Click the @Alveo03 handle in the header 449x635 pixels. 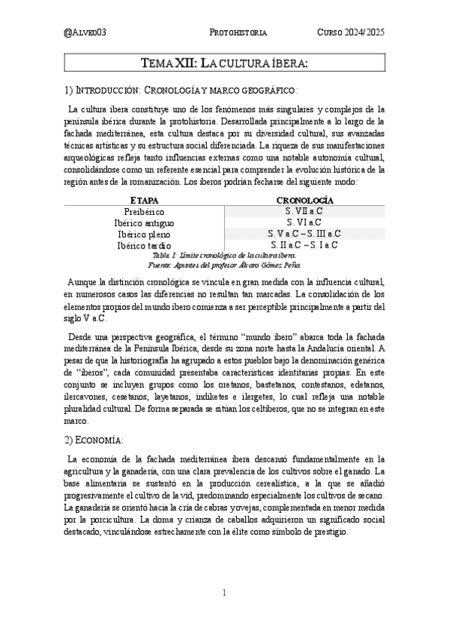tap(86, 33)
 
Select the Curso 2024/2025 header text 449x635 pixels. tap(351, 33)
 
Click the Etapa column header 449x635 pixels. tap(144, 201)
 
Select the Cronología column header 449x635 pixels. tap(304, 201)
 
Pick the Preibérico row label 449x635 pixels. tap(144, 212)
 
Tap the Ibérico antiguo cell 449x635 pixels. tap(144, 223)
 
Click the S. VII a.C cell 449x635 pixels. tap(304, 212)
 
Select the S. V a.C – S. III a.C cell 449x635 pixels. tap(304, 234)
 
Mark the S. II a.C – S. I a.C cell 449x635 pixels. tap(304, 245)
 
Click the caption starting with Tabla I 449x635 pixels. tap(225, 255)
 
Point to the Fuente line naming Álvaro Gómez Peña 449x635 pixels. tap(225, 264)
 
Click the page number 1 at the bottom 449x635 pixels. tap(224, 593)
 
